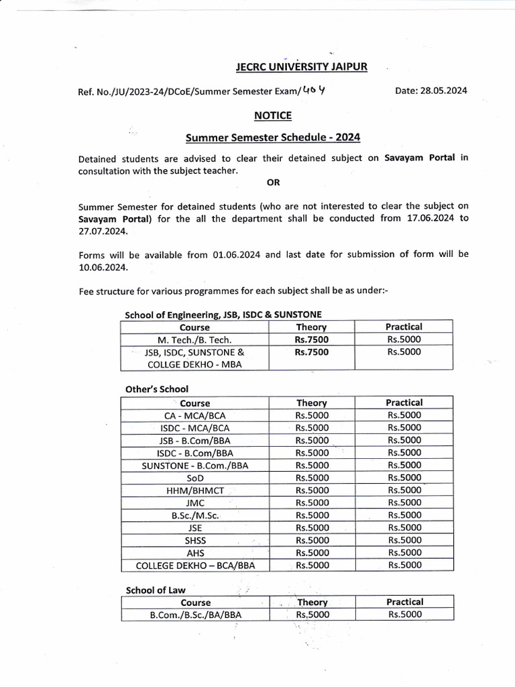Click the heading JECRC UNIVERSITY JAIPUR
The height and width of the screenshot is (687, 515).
tap(301, 66)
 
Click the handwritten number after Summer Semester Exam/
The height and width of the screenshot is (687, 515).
tap(313, 90)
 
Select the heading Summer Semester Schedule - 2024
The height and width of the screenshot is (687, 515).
tap(272, 138)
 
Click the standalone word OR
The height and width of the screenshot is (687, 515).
tap(274, 182)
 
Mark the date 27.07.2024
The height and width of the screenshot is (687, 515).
tap(103, 230)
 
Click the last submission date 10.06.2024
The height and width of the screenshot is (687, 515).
tap(103, 266)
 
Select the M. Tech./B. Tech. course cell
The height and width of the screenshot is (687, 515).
tap(194, 339)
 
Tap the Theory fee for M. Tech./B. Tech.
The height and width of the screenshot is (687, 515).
tap(312, 339)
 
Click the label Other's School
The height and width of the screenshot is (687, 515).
tap(157, 388)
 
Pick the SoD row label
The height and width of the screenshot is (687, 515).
tap(195, 478)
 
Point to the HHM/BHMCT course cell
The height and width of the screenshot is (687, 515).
tap(195, 490)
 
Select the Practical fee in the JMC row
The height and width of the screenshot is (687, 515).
tap(404, 503)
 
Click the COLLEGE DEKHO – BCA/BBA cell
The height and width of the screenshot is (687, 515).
tap(195, 566)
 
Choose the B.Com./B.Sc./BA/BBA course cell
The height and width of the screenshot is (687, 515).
tap(195, 615)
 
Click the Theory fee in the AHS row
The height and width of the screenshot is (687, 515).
tap(312, 553)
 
